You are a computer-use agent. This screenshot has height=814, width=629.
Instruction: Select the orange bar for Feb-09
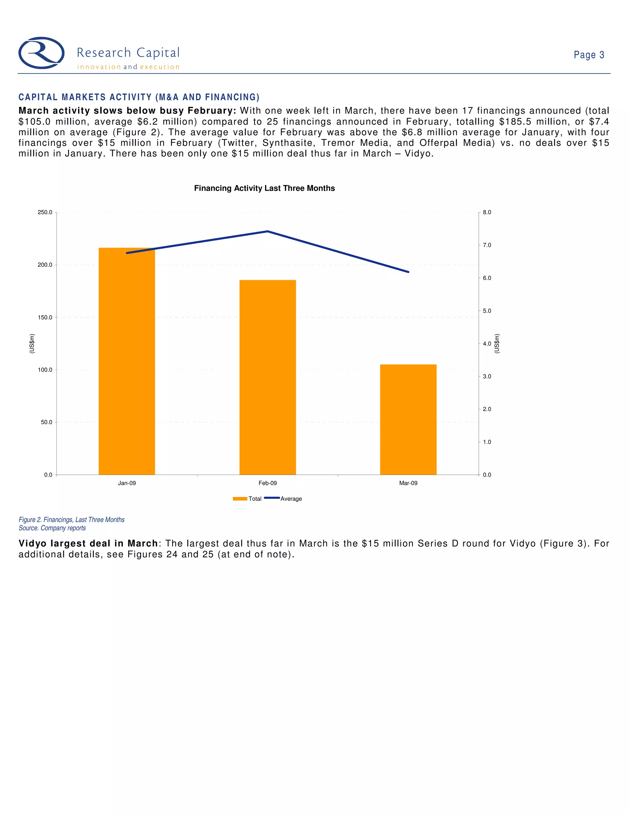point(268,377)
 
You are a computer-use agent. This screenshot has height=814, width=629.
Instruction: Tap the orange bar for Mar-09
point(408,419)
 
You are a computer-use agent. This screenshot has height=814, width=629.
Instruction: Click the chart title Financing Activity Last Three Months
point(264,188)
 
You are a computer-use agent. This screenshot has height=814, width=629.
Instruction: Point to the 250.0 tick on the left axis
point(45,213)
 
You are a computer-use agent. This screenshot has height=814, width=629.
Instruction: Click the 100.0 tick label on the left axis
point(45,370)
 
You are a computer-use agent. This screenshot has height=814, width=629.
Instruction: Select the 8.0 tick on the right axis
point(487,213)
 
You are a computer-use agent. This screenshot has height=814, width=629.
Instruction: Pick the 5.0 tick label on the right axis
point(487,311)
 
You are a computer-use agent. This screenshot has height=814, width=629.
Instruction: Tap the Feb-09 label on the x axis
point(268,483)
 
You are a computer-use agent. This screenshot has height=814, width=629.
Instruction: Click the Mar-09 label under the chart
point(408,483)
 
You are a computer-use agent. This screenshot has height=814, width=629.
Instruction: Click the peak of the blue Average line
point(268,232)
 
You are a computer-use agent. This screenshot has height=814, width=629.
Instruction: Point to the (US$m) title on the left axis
point(32,343)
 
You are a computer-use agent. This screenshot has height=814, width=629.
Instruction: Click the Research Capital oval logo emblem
point(41,53)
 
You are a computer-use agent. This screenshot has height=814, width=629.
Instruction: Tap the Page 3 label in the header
point(589,55)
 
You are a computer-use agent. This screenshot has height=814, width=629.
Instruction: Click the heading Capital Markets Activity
point(139,97)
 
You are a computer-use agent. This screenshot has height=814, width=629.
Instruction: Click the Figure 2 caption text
point(72,519)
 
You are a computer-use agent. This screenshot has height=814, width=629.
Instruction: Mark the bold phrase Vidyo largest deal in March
point(88,543)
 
